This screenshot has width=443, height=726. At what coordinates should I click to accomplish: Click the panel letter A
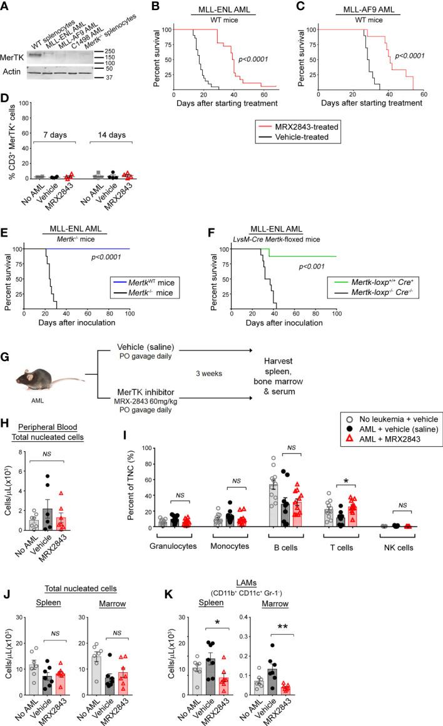(6, 7)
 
